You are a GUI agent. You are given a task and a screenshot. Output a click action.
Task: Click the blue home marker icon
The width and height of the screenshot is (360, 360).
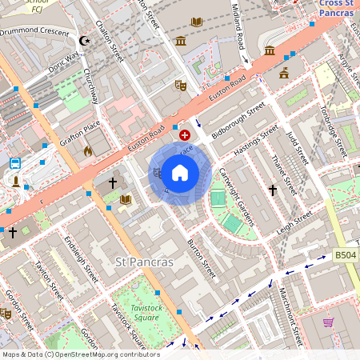click(180, 173)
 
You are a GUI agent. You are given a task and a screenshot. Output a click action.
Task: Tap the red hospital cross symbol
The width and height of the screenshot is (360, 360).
click(185, 136)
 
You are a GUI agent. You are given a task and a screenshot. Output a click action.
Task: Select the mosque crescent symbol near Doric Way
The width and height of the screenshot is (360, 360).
click(84, 41)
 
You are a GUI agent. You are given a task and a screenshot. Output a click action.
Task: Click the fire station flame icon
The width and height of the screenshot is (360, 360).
click(88, 150)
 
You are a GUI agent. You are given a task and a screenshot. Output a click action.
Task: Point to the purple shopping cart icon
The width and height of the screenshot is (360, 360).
click(328, 322)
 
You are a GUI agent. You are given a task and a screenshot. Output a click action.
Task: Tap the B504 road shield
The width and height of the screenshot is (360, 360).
click(345, 255)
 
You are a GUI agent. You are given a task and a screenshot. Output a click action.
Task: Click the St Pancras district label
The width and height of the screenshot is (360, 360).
click(145, 262)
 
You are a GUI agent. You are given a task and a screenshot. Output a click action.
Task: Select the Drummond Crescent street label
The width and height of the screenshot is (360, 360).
click(35, 30)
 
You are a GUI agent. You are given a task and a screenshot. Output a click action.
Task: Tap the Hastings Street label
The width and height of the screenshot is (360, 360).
click(254, 141)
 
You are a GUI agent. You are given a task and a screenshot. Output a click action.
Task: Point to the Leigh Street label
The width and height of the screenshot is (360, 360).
click(294, 222)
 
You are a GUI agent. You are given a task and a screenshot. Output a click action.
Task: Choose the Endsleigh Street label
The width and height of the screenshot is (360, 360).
click(81, 252)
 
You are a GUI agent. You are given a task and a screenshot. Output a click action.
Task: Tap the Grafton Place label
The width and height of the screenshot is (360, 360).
click(80, 133)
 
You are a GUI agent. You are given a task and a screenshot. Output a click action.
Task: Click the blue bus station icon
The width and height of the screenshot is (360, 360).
click(15, 163)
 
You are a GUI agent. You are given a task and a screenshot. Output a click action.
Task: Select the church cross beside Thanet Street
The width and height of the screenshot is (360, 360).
click(273, 190)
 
